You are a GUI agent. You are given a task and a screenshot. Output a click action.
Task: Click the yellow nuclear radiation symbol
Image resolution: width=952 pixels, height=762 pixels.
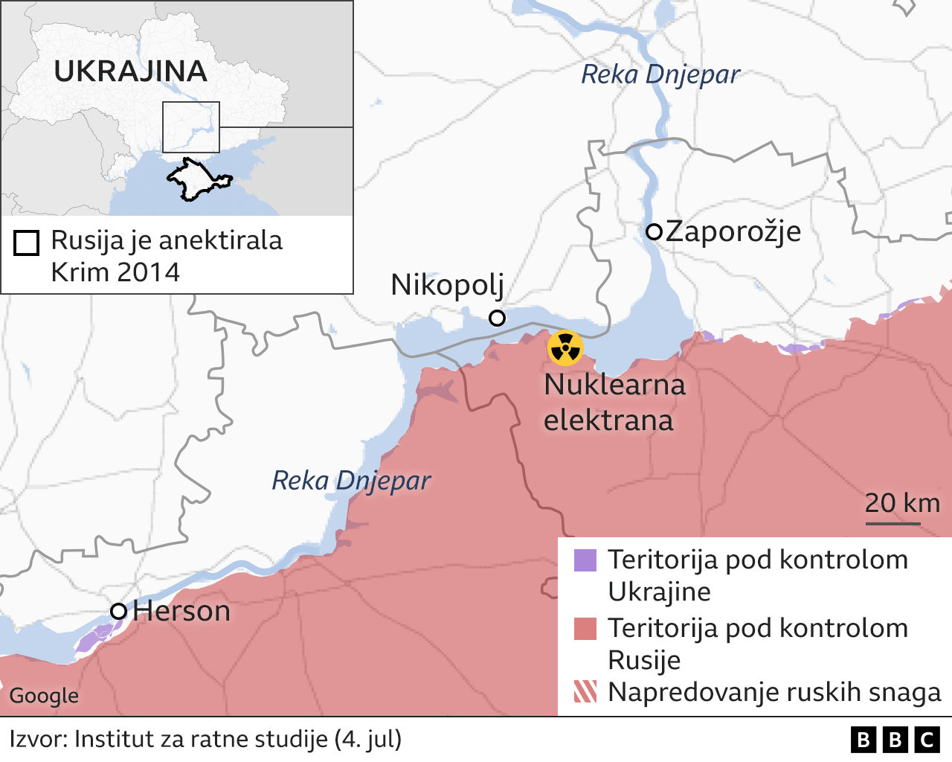point(565,348)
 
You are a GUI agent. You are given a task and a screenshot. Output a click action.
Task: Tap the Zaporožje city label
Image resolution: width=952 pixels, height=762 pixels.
point(733,231)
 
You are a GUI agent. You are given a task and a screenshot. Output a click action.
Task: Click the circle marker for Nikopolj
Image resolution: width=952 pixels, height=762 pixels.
point(497,318)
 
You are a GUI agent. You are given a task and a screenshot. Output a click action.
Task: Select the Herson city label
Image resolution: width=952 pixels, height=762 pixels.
point(181,611)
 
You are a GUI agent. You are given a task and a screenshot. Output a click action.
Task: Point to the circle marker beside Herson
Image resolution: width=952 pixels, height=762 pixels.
point(118,611)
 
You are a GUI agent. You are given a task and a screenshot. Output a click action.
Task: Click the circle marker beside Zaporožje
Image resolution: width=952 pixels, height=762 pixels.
point(654,231)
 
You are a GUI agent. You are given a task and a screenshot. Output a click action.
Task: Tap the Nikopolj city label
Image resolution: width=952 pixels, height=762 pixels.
point(447,284)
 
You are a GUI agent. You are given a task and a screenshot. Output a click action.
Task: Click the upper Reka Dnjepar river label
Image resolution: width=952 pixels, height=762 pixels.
point(660,74)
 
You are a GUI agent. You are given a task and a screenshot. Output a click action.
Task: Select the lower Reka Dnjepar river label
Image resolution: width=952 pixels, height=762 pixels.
point(351,481)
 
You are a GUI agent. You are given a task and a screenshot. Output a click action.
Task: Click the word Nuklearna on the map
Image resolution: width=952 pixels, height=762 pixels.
point(614,385)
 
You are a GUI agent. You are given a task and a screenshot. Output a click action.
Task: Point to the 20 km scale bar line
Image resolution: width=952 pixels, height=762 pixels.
point(892,524)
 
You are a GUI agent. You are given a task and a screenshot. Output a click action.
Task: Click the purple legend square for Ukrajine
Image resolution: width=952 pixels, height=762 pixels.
point(585,560)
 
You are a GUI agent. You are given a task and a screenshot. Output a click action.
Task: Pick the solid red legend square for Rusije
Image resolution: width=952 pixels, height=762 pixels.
point(585,629)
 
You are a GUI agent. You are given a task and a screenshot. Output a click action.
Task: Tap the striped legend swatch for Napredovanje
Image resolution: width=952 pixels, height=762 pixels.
point(585,692)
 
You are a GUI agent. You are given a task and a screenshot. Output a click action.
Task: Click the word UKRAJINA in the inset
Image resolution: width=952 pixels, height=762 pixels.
point(131,71)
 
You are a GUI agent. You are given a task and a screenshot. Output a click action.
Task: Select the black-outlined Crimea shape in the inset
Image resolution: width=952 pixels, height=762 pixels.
point(195,179)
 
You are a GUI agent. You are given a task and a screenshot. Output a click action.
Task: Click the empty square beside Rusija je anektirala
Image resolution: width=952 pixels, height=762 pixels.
point(26,243)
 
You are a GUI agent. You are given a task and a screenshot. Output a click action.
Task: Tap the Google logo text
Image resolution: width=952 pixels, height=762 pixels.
point(44,696)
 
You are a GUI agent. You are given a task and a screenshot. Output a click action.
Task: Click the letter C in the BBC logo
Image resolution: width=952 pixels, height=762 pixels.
point(927,740)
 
